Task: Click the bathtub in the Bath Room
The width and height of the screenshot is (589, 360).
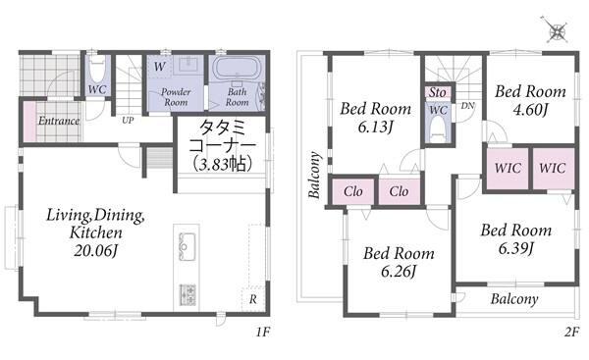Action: pyautogui.click(x=237, y=68)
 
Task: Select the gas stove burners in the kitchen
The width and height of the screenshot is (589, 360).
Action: pyautogui.click(x=187, y=294)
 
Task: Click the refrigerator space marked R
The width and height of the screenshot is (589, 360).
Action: pyautogui.click(x=253, y=299)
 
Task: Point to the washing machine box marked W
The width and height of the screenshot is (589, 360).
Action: pyautogui.click(x=160, y=67)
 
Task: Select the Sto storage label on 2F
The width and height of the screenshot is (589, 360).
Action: pyautogui.click(x=438, y=92)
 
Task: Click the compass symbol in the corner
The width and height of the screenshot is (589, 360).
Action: pyautogui.click(x=556, y=30)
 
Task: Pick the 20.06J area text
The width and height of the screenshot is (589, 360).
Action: pyautogui.click(x=96, y=250)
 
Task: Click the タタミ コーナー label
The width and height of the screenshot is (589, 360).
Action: pyautogui.click(x=223, y=136)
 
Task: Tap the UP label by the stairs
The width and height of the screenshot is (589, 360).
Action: pyautogui.click(x=128, y=121)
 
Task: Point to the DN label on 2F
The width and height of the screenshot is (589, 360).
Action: pyautogui.click(x=467, y=106)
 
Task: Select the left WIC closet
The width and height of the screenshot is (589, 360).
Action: pyautogui.click(x=508, y=169)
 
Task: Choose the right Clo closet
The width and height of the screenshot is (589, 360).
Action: pyautogui.click(x=399, y=191)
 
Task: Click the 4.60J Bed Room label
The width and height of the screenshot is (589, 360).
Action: pyautogui.click(x=530, y=100)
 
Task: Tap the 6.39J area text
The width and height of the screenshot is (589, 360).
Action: pyautogui.click(x=516, y=248)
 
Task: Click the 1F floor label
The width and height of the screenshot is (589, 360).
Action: pyautogui.click(x=263, y=332)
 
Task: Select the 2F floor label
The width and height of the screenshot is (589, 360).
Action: pyautogui.click(x=571, y=333)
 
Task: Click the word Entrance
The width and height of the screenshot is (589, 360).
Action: pyautogui.click(x=59, y=121)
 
